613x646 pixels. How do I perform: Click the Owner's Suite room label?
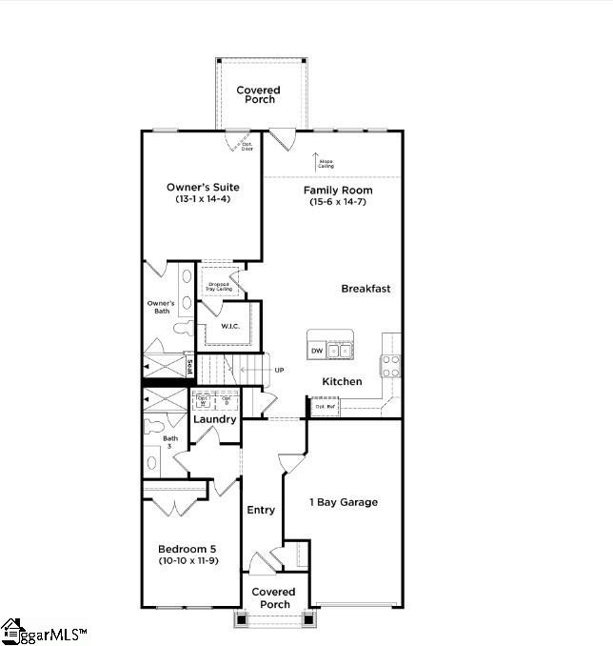[x=203, y=187]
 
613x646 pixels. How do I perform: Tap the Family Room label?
[x=338, y=191]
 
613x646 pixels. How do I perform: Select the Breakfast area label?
[x=366, y=289]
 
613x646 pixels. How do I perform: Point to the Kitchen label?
[x=342, y=381]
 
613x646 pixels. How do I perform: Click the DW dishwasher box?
[x=317, y=352]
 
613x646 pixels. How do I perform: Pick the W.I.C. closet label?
[x=229, y=326]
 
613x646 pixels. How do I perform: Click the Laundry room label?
[x=214, y=419]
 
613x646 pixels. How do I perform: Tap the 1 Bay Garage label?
[x=344, y=502]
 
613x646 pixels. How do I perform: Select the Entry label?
[x=261, y=510]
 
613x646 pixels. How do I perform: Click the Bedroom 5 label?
[x=189, y=549]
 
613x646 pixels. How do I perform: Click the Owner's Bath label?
[x=161, y=307]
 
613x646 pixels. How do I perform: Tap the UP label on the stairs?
[x=279, y=370]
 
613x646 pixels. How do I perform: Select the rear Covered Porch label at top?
[x=257, y=94]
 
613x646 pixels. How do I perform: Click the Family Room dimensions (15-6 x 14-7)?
[x=338, y=202]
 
